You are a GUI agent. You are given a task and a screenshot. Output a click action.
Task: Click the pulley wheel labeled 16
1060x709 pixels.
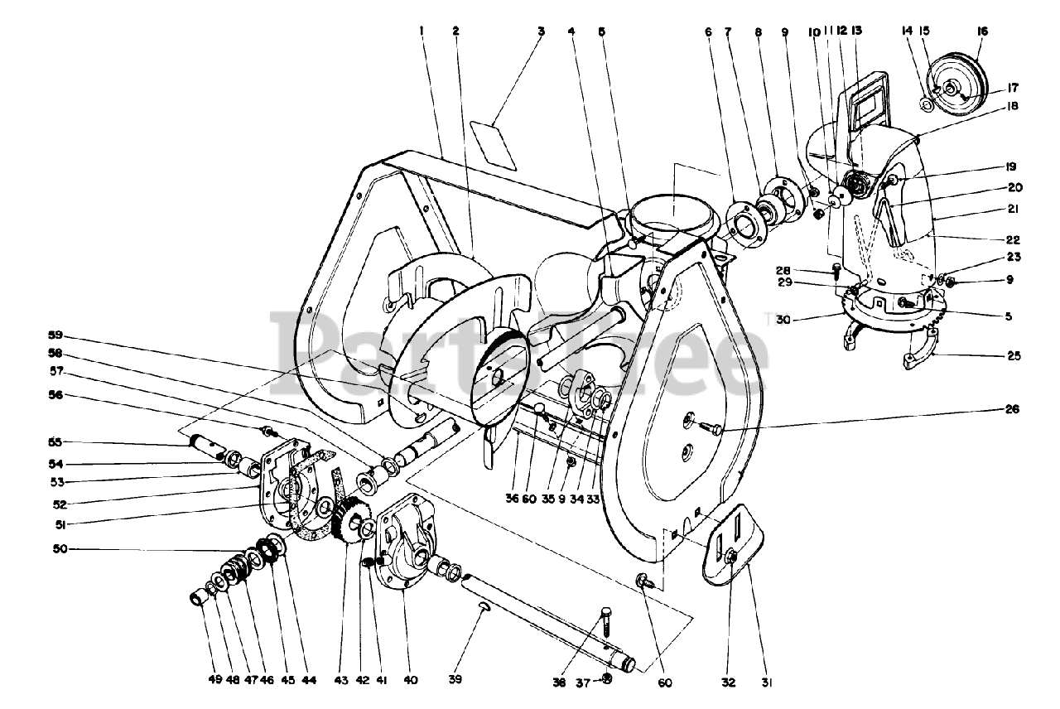959,80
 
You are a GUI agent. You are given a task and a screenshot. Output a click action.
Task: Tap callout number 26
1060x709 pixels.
1013,409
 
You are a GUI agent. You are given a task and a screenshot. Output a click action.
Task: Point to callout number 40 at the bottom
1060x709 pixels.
411,680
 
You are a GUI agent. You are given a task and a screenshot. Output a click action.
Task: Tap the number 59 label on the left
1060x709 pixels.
55,335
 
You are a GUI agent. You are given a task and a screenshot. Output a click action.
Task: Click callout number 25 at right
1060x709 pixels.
1014,356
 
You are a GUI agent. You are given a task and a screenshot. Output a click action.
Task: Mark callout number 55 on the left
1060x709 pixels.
55,441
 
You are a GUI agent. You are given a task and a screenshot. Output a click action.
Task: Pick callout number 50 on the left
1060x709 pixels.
55,548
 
